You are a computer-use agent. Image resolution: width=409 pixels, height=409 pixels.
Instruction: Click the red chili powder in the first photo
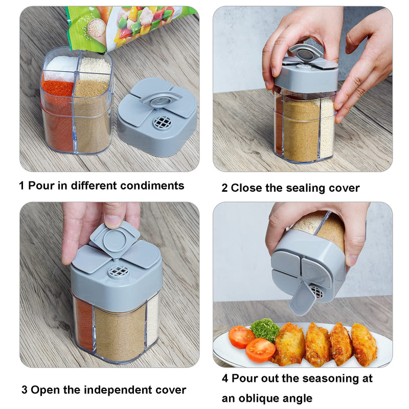pyautogui.click(x=57, y=89)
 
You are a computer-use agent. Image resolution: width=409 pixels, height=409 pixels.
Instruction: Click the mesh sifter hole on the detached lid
pyautogui.click(x=162, y=123)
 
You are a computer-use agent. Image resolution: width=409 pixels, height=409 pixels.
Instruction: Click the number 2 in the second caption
pyautogui.click(x=224, y=188)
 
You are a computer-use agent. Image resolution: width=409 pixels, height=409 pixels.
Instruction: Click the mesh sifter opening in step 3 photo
pyautogui.click(x=118, y=271)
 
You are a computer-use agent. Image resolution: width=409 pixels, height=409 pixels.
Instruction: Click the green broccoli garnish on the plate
pyautogui.click(x=265, y=330)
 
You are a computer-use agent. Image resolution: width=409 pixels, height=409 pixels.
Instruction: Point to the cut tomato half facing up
pyautogui.click(x=260, y=350)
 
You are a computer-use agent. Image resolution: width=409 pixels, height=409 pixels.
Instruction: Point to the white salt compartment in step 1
pyautogui.click(x=60, y=65)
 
